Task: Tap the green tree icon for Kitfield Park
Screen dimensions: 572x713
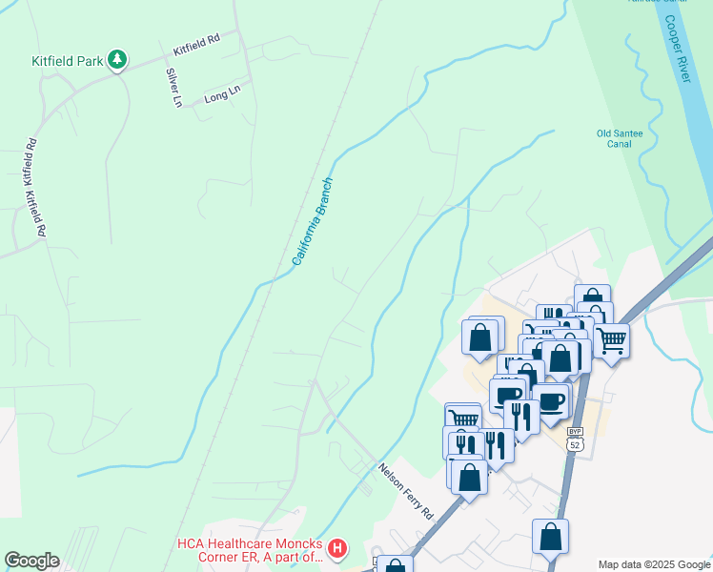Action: click(117, 60)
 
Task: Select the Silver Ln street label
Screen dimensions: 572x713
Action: click(173, 88)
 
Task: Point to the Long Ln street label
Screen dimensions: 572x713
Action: click(222, 93)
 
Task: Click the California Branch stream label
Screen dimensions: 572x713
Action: click(313, 221)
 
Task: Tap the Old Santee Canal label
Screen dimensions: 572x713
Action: click(620, 138)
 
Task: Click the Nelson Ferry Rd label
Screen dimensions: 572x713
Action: click(405, 491)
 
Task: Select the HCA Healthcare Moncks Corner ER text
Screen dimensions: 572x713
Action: click(251, 550)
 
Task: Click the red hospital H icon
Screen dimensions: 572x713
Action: click(336, 549)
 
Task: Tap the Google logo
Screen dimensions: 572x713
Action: click(31, 561)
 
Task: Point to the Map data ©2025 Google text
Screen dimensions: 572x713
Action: click(653, 564)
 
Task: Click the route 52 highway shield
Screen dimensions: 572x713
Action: click(574, 445)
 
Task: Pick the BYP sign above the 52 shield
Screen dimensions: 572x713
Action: click(574, 432)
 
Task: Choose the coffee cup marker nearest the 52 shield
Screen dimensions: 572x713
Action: click(551, 399)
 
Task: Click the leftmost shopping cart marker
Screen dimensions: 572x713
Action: click(463, 418)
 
